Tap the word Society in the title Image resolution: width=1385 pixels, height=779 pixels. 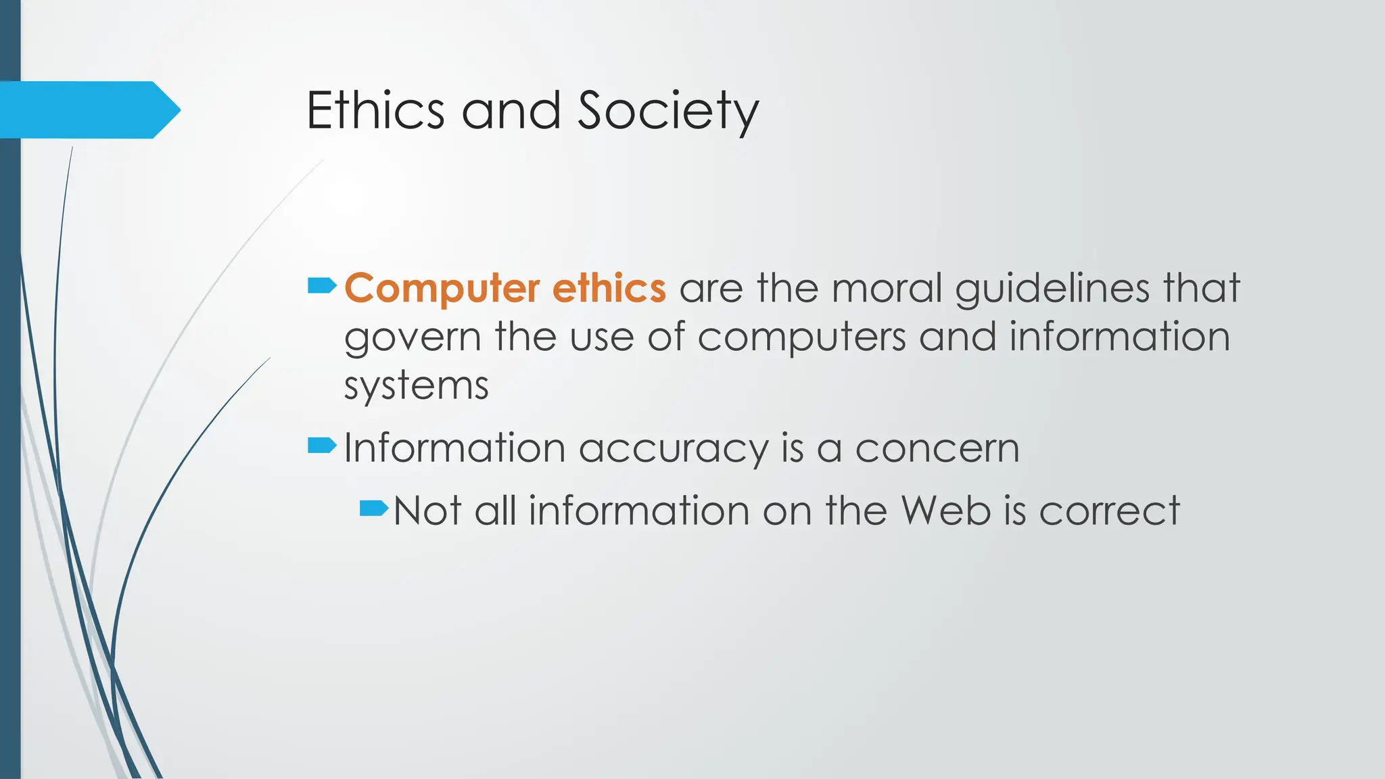point(668,112)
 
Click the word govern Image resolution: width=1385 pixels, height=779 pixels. point(412,337)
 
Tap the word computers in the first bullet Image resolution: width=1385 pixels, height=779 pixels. point(801,337)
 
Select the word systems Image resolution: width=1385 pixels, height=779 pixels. point(416,387)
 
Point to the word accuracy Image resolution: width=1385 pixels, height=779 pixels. point(673,449)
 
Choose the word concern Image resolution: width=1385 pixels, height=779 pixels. point(937,448)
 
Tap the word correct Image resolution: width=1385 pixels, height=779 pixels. point(1109,511)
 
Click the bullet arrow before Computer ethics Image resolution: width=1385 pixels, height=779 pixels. point(321,286)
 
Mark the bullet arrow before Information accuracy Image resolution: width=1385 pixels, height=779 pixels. point(321,445)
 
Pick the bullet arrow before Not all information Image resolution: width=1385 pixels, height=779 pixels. point(373,507)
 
